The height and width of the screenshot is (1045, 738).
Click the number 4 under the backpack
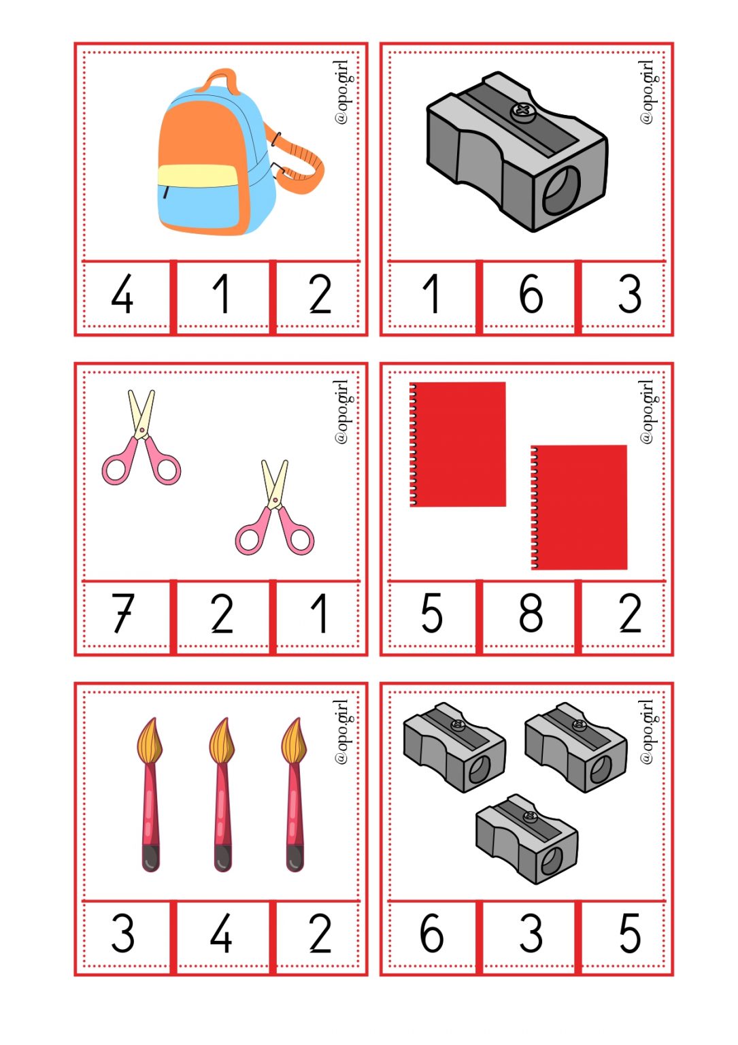click(122, 295)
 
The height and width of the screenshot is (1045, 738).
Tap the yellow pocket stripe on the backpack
click(197, 176)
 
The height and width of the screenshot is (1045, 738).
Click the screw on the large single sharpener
click(523, 111)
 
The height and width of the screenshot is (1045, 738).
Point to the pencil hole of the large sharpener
click(561, 190)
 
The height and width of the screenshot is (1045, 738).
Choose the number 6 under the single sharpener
click(531, 295)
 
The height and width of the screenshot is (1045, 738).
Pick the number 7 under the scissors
click(123, 613)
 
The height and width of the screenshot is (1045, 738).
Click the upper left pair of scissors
click(141, 439)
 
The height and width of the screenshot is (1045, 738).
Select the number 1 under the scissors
click(320, 613)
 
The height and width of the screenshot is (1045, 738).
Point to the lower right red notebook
click(580, 507)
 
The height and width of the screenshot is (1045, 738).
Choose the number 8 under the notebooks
click(531, 613)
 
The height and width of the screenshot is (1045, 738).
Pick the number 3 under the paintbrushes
click(123, 933)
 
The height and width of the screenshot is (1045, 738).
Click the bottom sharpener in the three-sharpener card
click(527, 840)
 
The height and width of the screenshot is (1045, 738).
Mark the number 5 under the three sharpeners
click(629, 933)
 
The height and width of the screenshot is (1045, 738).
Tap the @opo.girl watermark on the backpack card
click(342, 92)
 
